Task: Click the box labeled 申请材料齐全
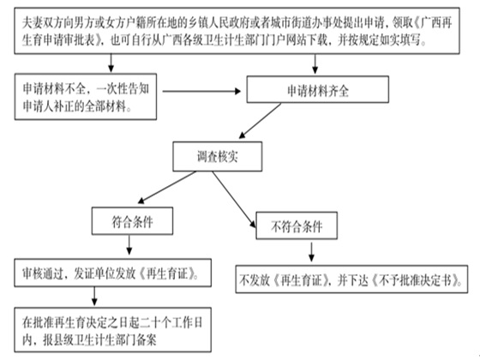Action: pyautogui.click(x=318, y=89)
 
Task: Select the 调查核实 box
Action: pyautogui.click(x=218, y=156)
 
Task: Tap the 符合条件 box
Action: pyautogui.click(x=132, y=221)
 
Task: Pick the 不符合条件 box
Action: pyautogui.click(x=297, y=225)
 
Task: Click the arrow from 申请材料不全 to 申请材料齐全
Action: pyautogui.click(x=201, y=91)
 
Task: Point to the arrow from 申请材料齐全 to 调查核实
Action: pyautogui.click(x=260, y=121)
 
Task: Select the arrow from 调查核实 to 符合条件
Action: pyautogui.click(x=166, y=188)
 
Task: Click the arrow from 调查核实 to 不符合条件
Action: pyautogui.click(x=234, y=200)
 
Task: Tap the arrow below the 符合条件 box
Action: pyautogui.click(x=129, y=245)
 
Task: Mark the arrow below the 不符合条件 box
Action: pyautogui.click(x=311, y=252)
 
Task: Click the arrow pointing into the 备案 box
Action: pyautogui.click(x=94, y=296)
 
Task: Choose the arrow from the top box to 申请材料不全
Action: pyautogui.click(x=111, y=63)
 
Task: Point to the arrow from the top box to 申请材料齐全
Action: pyautogui.click(x=315, y=64)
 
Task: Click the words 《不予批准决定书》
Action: pyautogui.click(x=417, y=280)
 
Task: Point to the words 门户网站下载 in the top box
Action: pyautogui.click(x=297, y=40)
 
